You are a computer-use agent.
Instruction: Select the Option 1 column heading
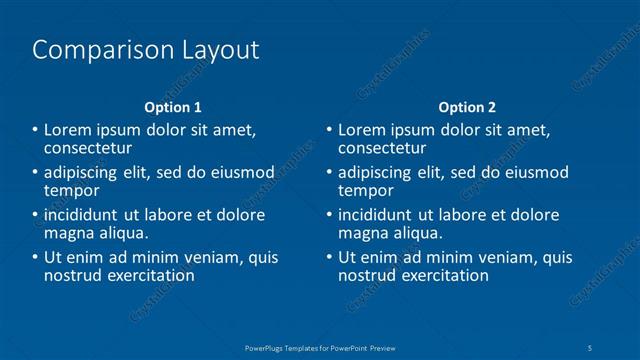click(173, 107)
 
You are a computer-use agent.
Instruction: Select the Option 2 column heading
click(467, 107)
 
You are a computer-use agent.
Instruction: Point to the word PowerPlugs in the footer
click(268, 347)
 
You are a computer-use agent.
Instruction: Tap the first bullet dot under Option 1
click(35, 129)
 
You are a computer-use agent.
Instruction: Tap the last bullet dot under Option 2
click(329, 258)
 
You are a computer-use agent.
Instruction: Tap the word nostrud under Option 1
click(70, 276)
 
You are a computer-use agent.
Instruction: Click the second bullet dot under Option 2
click(329, 172)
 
